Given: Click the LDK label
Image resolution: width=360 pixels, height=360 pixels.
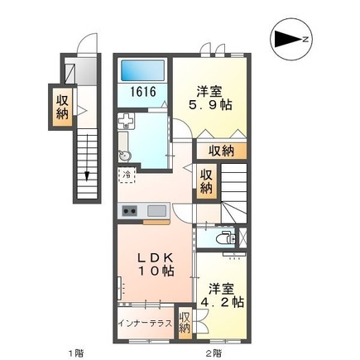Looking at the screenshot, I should coord(155,256).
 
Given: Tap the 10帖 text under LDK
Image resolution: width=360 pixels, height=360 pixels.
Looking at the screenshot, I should coord(155,271).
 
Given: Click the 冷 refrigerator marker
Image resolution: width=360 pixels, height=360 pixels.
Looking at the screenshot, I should coord(127,175).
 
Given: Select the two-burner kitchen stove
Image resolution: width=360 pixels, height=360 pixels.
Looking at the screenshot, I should coord(130,211).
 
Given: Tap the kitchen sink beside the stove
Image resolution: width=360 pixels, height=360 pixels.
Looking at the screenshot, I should coord(156,211).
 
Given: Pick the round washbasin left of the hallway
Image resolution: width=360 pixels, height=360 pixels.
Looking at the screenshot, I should coord(125,156).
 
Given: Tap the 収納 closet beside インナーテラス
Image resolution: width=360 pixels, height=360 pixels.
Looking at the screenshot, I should coord(185,322).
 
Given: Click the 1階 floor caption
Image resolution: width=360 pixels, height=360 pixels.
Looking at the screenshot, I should coord(75,353).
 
